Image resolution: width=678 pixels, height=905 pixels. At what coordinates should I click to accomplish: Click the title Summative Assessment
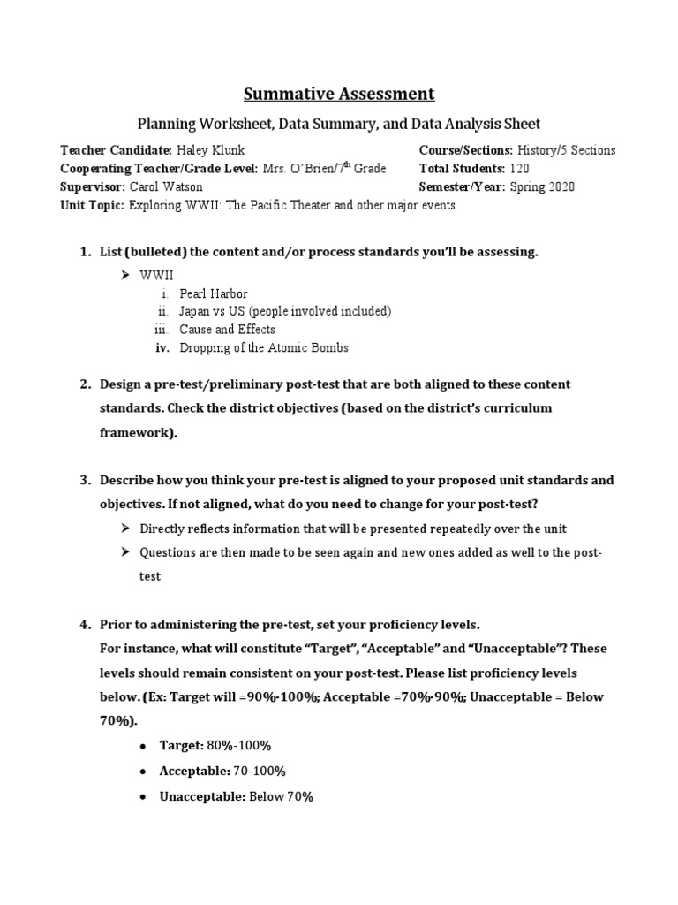[339, 93]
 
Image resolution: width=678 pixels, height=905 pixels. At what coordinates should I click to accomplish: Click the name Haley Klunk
[213, 151]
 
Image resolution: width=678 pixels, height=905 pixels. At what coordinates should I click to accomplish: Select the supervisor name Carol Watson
[166, 186]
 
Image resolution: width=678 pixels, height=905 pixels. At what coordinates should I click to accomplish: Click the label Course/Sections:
[465, 151]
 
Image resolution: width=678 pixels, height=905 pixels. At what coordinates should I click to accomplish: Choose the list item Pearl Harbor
[214, 293]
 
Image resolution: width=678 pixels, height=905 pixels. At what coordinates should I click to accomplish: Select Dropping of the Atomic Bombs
[264, 347]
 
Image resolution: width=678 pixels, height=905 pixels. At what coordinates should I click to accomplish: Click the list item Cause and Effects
[227, 330]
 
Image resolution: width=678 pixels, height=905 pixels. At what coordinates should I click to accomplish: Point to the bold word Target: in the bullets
[181, 746]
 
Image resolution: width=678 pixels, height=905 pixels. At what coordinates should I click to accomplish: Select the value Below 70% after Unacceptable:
[281, 796]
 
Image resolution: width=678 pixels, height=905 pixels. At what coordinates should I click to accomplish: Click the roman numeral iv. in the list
[162, 347]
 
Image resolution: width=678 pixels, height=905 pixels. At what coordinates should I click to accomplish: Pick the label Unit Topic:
[92, 204]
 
